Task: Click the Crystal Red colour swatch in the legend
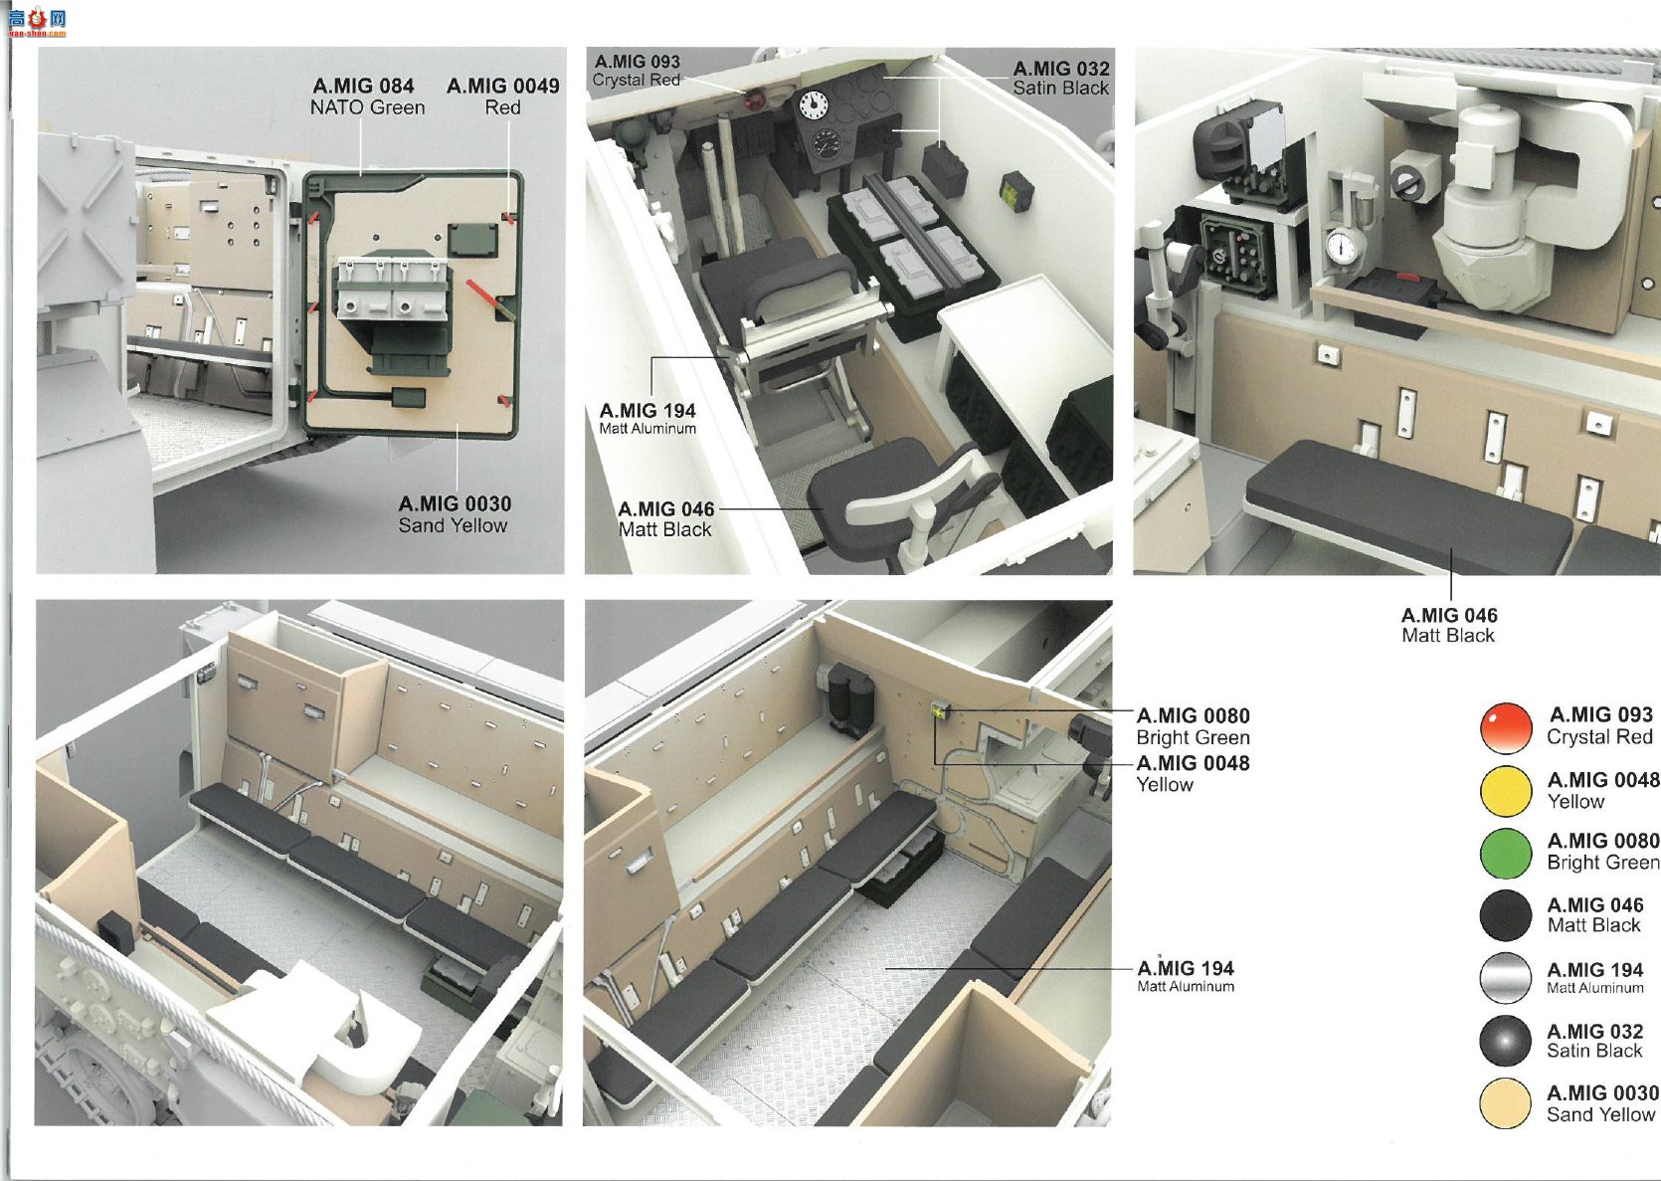click(1505, 727)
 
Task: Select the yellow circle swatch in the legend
click(1505, 791)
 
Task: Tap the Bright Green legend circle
click(1505, 853)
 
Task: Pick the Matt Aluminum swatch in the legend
click(1505, 978)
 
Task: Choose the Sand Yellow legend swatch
click(1505, 1103)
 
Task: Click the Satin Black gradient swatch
click(1505, 1041)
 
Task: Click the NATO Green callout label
click(367, 97)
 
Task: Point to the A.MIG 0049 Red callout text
click(502, 97)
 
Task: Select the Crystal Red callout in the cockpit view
click(637, 71)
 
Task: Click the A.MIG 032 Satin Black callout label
click(1061, 78)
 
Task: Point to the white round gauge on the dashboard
click(814, 103)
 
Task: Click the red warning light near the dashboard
click(756, 98)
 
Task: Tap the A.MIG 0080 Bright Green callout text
click(1194, 726)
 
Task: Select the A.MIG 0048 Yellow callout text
click(1194, 774)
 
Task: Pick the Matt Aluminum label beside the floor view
click(1186, 976)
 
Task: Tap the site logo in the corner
click(37, 22)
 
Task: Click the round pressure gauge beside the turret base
click(1342, 247)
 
